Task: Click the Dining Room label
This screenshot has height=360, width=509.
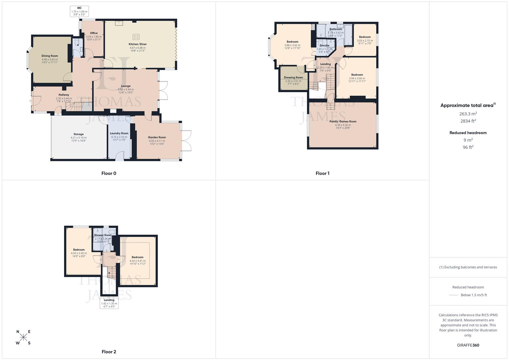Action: (x=50, y=56)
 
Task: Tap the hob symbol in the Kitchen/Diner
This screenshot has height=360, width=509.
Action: (x=136, y=37)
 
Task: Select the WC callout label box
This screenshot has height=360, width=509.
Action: (x=79, y=11)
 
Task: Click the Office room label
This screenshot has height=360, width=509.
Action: (x=94, y=33)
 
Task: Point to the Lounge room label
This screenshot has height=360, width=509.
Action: (x=126, y=86)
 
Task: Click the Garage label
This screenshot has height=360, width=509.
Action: (x=78, y=134)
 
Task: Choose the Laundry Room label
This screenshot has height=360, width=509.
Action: (x=119, y=133)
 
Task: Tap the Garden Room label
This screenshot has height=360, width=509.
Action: (x=157, y=137)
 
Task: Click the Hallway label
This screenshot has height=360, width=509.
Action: (x=64, y=95)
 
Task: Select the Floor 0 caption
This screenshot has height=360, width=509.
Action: (x=109, y=173)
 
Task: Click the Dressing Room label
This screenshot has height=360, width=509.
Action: (x=293, y=77)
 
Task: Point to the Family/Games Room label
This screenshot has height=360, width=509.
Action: (x=343, y=122)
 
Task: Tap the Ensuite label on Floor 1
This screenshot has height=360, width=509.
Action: (x=324, y=45)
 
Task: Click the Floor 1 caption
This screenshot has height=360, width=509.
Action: (x=322, y=173)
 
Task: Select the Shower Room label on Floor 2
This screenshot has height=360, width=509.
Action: (x=103, y=235)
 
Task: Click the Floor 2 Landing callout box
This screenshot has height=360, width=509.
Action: (x=109, y=303)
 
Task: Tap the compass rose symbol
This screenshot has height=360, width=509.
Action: (x=23, y=337)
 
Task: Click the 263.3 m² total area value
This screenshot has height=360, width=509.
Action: (x=468, y=114)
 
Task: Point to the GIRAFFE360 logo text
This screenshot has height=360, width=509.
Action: (x=468, y=345)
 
